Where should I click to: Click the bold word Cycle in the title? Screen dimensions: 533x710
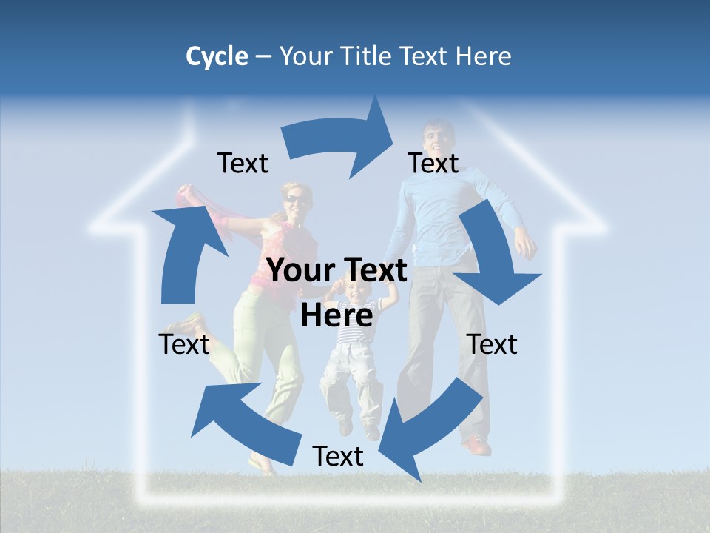tap(217, 56)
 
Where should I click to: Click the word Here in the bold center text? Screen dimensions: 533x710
tap(337, 316)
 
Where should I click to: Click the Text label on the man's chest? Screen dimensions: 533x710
tap(433, 163)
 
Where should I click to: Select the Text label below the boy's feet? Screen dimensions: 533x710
tap(338, 456)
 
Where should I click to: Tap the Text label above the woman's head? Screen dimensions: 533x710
tap(243, 163)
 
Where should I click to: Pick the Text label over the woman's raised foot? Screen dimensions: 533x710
tap(184, 344)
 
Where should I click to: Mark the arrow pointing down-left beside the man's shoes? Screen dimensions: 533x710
tap(433, 429)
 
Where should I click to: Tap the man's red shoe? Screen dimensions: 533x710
tap(476, 446)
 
